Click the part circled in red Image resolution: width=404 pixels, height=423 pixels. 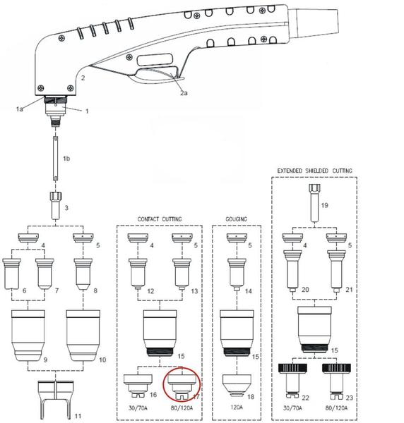click(x=184, y=384)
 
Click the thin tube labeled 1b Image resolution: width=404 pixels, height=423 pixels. click(x=54, y=158)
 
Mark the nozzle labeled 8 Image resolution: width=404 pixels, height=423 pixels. click(x=82, y=272)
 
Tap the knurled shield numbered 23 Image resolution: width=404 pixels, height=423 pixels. click(x=340, y=376)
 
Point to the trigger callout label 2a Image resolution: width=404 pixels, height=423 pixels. click(x=184, y=92)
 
